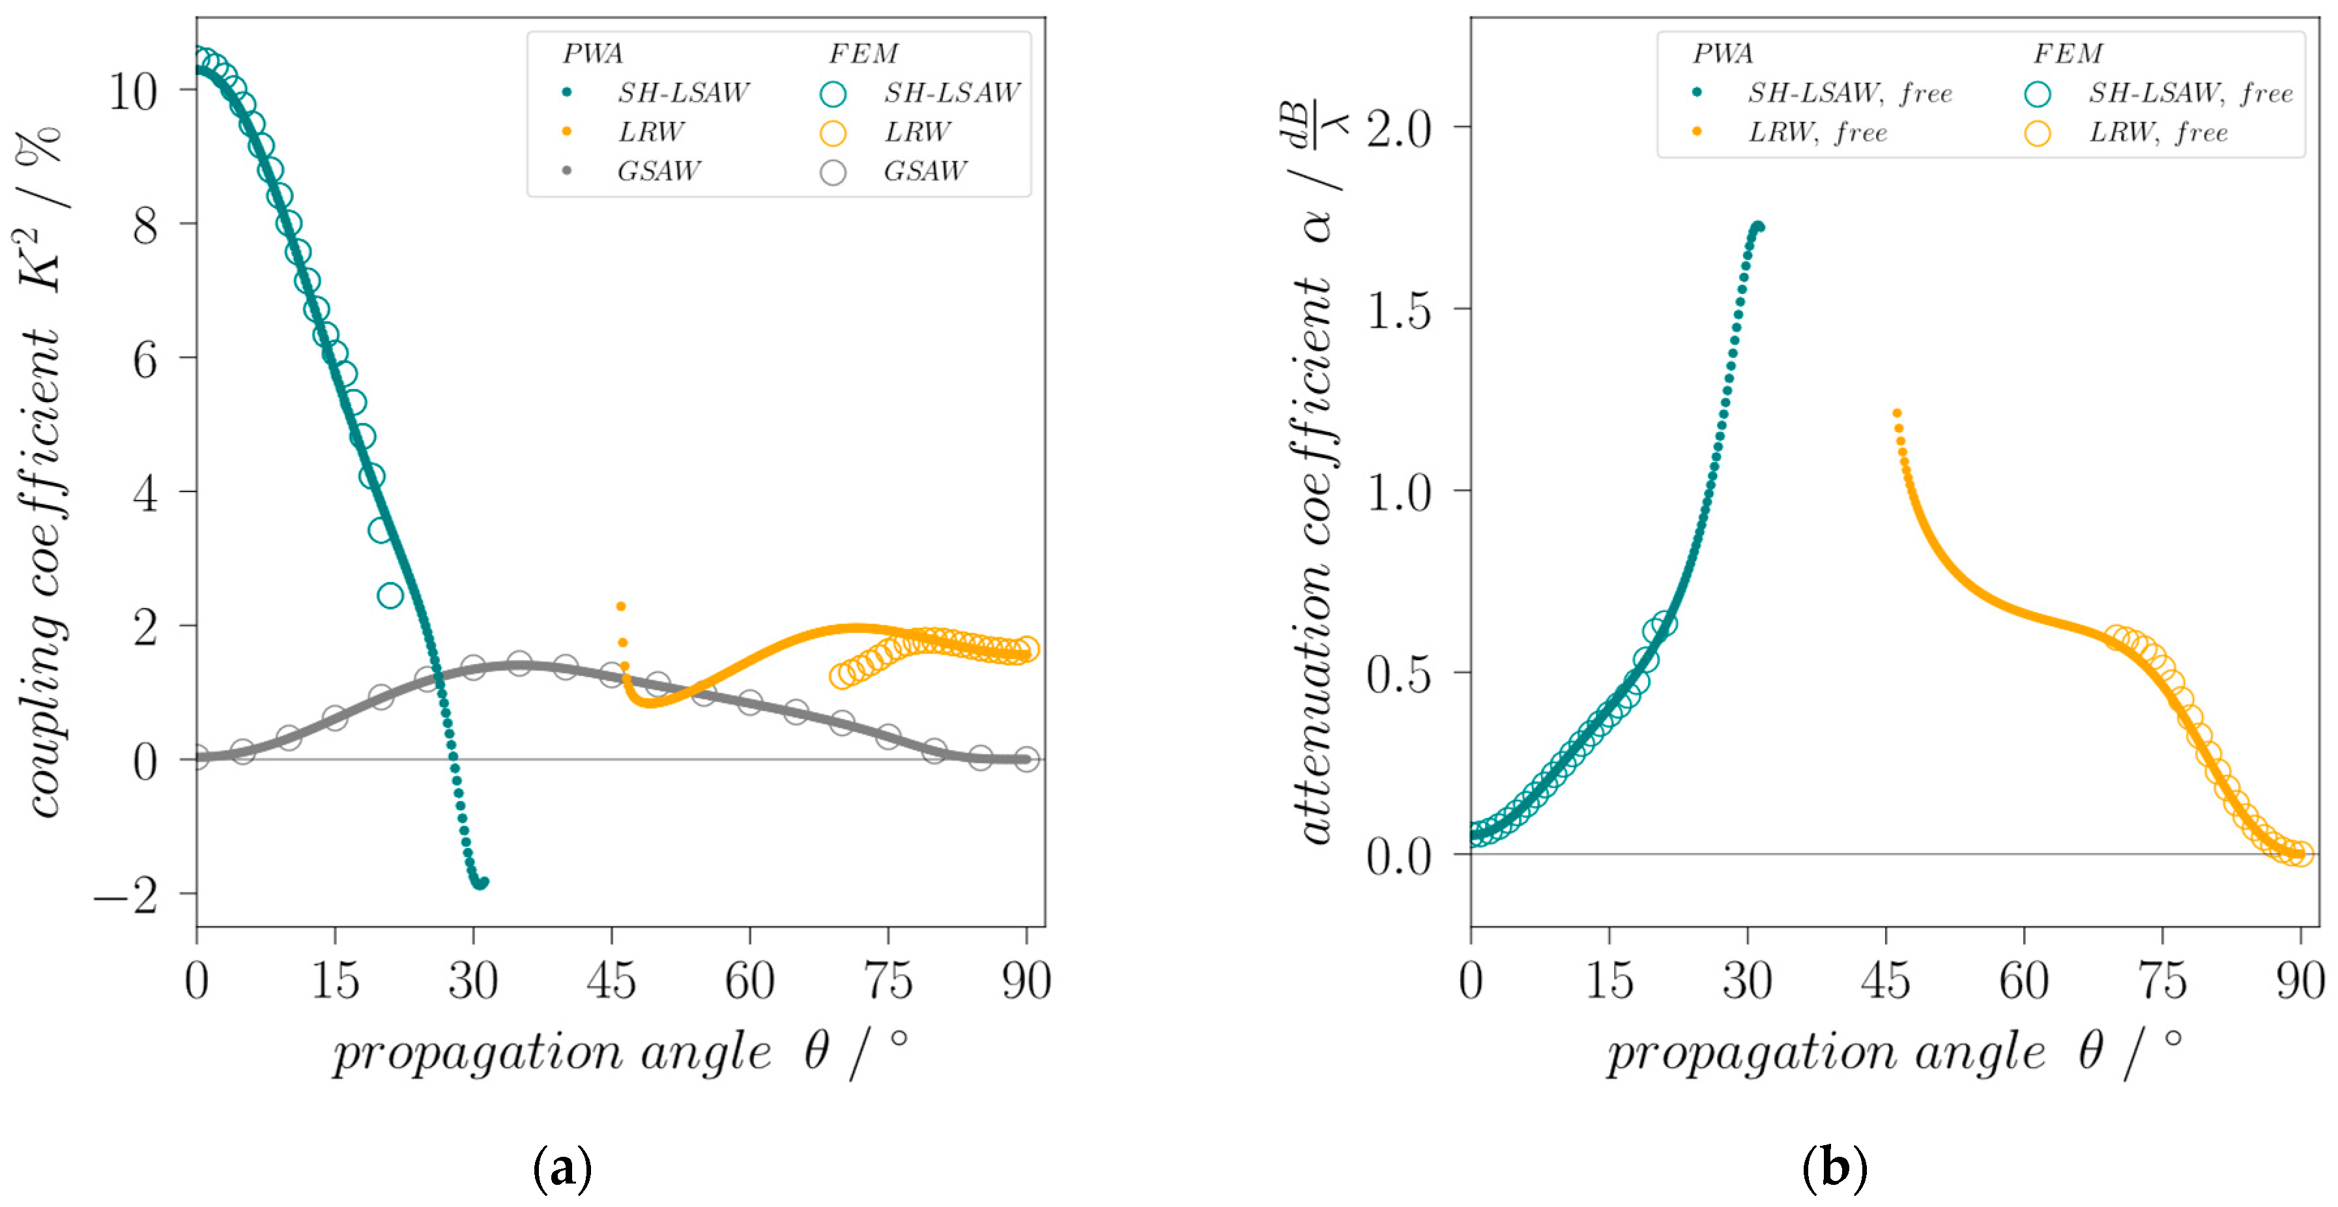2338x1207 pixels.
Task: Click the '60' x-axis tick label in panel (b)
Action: (x=2023, y=981)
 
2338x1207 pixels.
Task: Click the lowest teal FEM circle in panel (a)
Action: (x=390, y=595)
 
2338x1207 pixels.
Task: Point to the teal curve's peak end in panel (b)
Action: (x=1759, y=227)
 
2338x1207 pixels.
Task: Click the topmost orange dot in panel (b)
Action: (x=1896, y=414)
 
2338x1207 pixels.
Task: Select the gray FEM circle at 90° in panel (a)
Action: (x=1026, y=759)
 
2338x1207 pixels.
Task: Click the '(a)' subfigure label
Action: (x=564, y=1168)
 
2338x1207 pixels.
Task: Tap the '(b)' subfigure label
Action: (x=1834, y=1168)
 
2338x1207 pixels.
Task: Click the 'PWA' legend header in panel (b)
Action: (x=1723, y=55)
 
